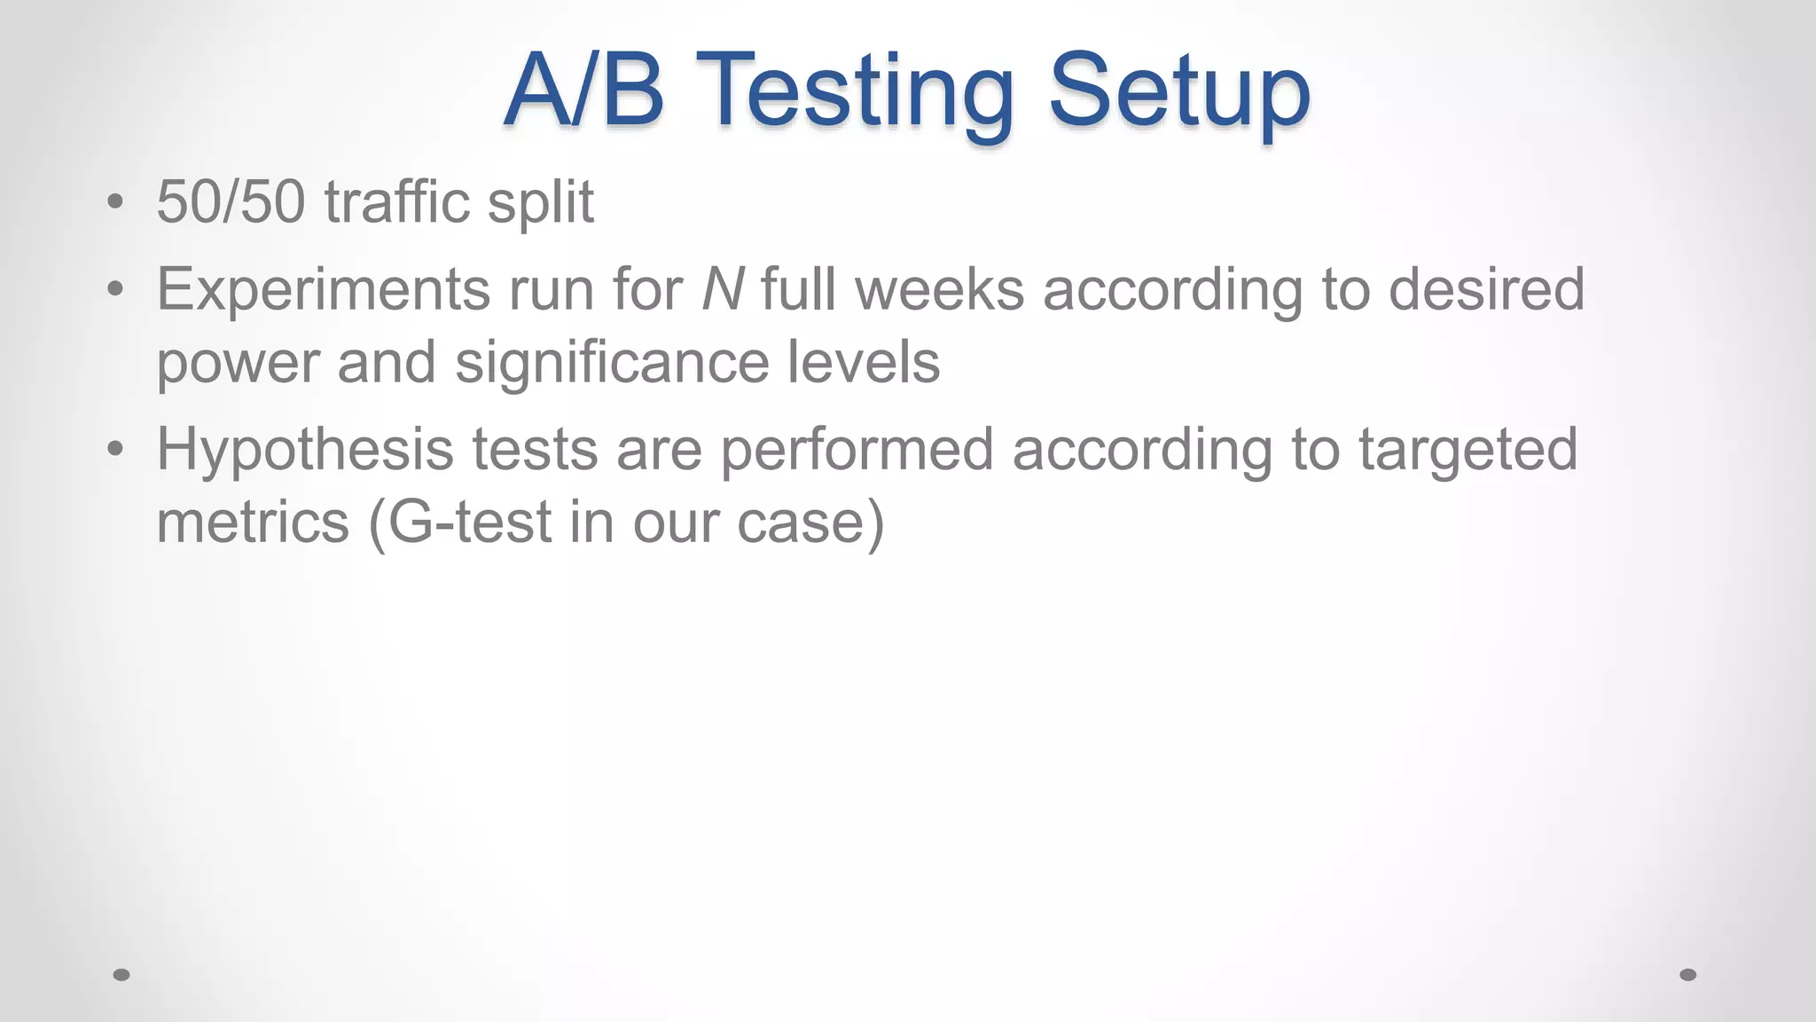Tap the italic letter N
pos(722,290)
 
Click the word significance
pos(611,364)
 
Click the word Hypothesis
pos(305,450)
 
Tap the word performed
pos(856,450)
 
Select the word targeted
pos(1468,450)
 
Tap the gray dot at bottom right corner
pos(1688,975)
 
